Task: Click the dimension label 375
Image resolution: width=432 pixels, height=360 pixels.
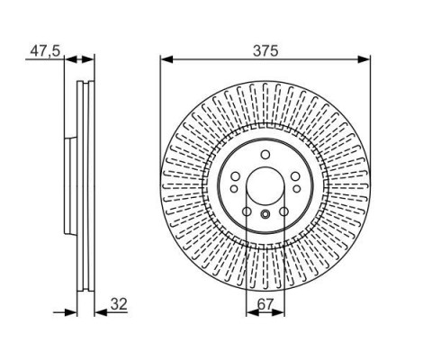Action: click(x=265, y=50)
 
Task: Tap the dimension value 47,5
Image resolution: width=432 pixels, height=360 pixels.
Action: click(x=45, y=51)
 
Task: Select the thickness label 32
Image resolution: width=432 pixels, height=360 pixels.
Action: click(x=119, y=304)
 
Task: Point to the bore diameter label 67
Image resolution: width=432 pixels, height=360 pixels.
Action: click(x=265, y=305)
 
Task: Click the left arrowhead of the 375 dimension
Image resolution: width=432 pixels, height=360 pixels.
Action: click(x=166, y=59)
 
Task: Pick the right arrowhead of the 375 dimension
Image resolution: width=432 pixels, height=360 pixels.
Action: click(x=364, y=59)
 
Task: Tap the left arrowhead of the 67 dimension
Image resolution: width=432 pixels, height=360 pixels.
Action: click(x=252, y=312)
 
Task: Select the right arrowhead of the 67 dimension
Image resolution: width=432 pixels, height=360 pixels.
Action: click(x=278, y=312)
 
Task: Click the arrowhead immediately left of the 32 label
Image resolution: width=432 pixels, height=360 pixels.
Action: click(x=101, y=312)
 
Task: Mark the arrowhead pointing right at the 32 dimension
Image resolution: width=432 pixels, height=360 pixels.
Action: click(x=70, y=312)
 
